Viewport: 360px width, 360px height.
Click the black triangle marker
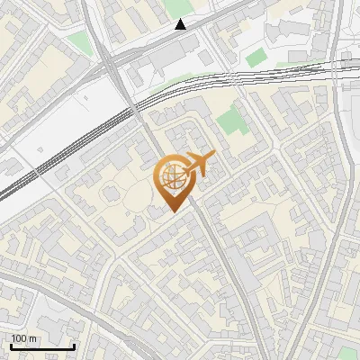[x=182, y=24]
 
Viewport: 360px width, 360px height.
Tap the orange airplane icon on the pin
[x=198, y=165]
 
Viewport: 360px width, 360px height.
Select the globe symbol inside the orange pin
[x=171, y=177]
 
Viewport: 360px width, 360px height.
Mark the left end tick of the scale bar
[x=11, y=346]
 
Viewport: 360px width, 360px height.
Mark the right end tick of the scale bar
[x=75, y=346]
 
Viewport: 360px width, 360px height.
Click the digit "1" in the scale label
[x=13, y=337]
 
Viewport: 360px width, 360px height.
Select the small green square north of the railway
[x=256, y=57]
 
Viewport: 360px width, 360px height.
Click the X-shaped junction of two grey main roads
[x=105, y=61]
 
